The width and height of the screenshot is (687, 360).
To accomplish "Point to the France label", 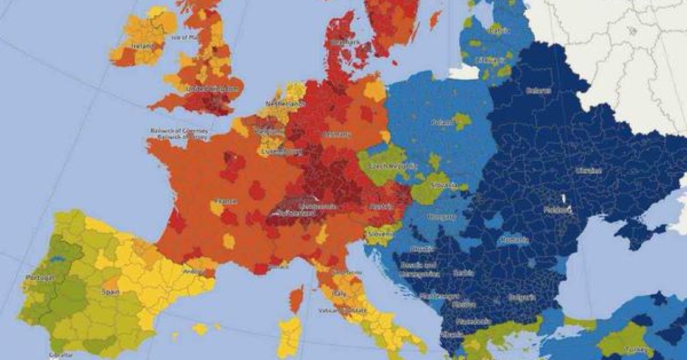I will click(225, 202).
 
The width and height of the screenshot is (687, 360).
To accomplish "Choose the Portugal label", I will click(40, 278).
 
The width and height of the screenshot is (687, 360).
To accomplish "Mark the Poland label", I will click(443, 122).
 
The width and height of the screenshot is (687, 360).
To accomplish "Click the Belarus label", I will click(538, 91).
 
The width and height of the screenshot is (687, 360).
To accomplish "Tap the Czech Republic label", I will click(395, 166).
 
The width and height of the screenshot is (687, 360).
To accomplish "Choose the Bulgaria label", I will click(521, 298).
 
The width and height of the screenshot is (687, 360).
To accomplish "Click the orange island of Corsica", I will click(296, 299).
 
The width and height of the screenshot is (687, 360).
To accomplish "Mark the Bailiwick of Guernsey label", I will click(180, 131).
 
